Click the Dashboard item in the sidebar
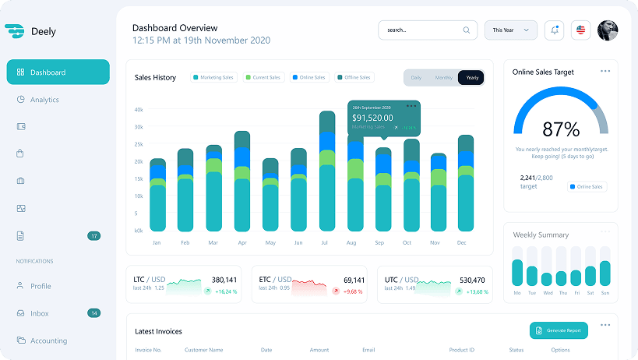(58, 72)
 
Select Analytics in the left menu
(44, 100)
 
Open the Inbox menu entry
(40, 313)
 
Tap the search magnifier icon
(467, 30)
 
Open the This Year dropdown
(510, 30)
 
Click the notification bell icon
(555, 30)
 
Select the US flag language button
(580, 30)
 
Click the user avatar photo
(608, 30)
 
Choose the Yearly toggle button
(471, 78)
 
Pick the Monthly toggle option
(444, 78)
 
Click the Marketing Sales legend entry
(213, 78)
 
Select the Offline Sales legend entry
(354, 78)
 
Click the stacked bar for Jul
(327, 171)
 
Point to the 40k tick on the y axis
(139, 110)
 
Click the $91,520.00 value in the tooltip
(372, 118)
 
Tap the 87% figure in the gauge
(561, 129)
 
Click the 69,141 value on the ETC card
(354, 280)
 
